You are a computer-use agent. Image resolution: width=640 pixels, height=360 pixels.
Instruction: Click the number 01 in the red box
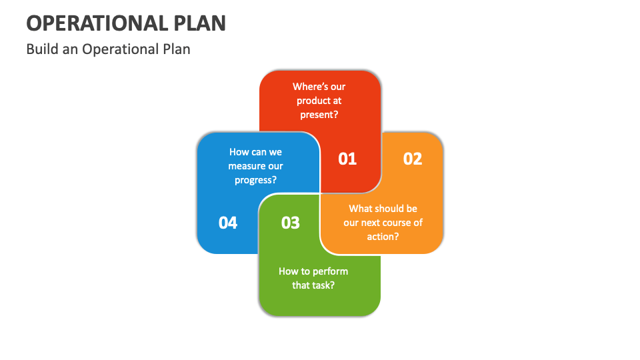347,159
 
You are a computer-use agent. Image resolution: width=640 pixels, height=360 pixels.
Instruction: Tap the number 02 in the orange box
413,159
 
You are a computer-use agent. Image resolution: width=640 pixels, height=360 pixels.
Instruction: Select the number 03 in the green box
290,223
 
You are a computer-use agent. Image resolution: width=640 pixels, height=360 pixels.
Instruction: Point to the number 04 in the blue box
228,223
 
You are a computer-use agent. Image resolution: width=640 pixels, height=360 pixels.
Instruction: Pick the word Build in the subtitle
40,49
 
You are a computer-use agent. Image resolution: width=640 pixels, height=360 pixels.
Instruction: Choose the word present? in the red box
319,114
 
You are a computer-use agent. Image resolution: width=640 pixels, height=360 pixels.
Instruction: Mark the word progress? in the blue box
256,180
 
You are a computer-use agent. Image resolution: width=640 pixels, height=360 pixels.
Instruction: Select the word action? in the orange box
383,236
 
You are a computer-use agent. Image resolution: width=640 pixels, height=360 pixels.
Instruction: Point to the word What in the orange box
360,209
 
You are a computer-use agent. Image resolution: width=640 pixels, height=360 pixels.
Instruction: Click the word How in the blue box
239,152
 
